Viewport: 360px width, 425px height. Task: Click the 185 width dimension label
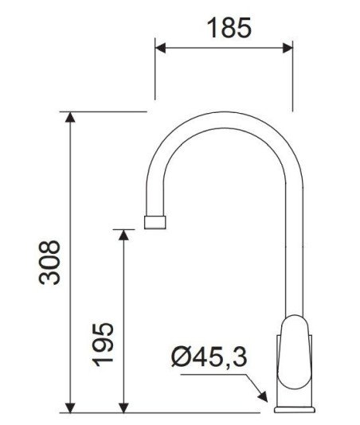(x=229, y=28)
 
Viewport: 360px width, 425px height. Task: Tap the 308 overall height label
(x=49, y=263)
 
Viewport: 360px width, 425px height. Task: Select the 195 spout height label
(x=102, y=345)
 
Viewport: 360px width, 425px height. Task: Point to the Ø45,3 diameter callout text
(x=209, y=357)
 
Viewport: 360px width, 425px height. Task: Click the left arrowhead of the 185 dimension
(x=160, y=48)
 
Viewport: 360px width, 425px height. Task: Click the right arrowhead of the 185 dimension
(x=288, y=48)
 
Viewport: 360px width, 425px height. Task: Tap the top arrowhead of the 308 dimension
(x=70, y=117)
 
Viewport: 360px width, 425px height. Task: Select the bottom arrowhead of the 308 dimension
(x=70, y=407)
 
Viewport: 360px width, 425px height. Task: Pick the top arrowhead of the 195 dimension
(x=123, y=235)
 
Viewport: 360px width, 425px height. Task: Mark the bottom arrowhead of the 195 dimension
(x=123, y=407)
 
